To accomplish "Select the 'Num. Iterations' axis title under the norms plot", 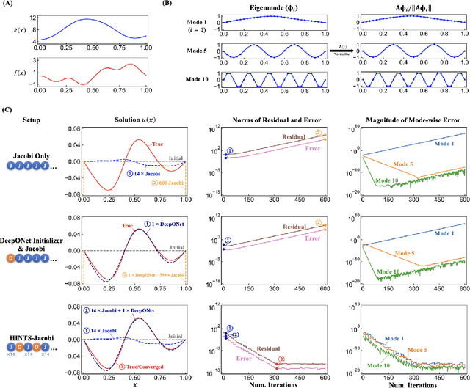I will (x=273, y=384).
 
